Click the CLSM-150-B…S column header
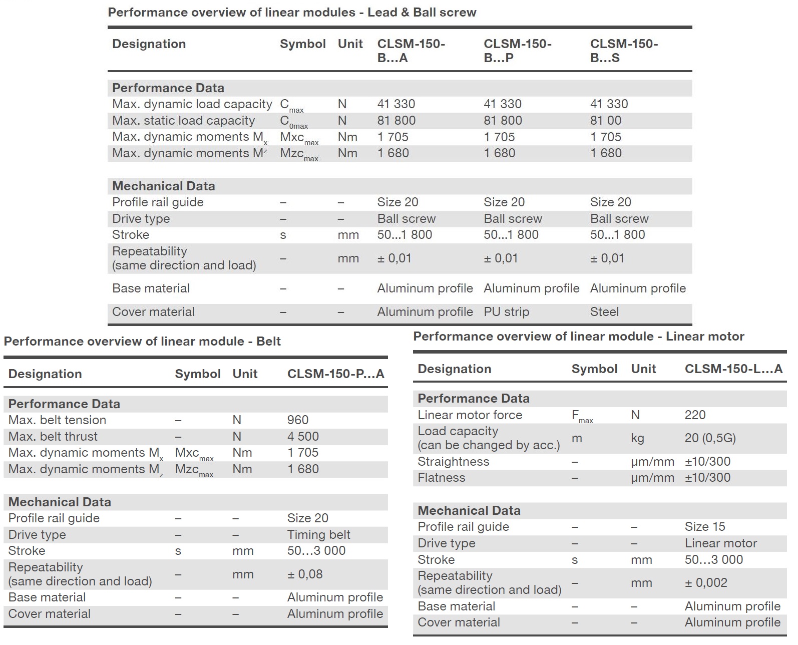pyautogui.click(x=624, y=51)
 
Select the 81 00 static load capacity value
pyautogui.click(x=606, y=121)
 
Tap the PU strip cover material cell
pyautogui.click(x=506, y=312)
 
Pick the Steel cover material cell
pyautogui.click(x=604, y=312)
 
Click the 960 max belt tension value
pyautogui.click(x=298, y=420)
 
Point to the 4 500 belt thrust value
pyautogui.click(x=303, y=437)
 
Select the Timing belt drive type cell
pyautogui.click(x=318, y=535)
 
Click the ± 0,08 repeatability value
pyautogui.click(x=304, y=574)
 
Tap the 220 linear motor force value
pyautogui.click(x=695, y=415)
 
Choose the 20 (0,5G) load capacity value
pyautogui.click(x=710, y=438)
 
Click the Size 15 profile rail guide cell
pyautogui.click(x=704, y=527)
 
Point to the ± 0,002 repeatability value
pyautogui.click(x=706, y=583)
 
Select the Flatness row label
pyautogui.click(x=441, y=478)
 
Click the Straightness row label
pyautogui.click(x=453, y=462)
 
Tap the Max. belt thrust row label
pyautogui.click(x=53, y=437)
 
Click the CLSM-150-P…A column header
pyautogui.click(x=335, y=374)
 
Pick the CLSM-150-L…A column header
pyautogui.click(x=733, y=369)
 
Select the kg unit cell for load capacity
pyautogui.click(x=637, y=438)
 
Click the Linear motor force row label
pyautogui.click(x=470, y=415)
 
